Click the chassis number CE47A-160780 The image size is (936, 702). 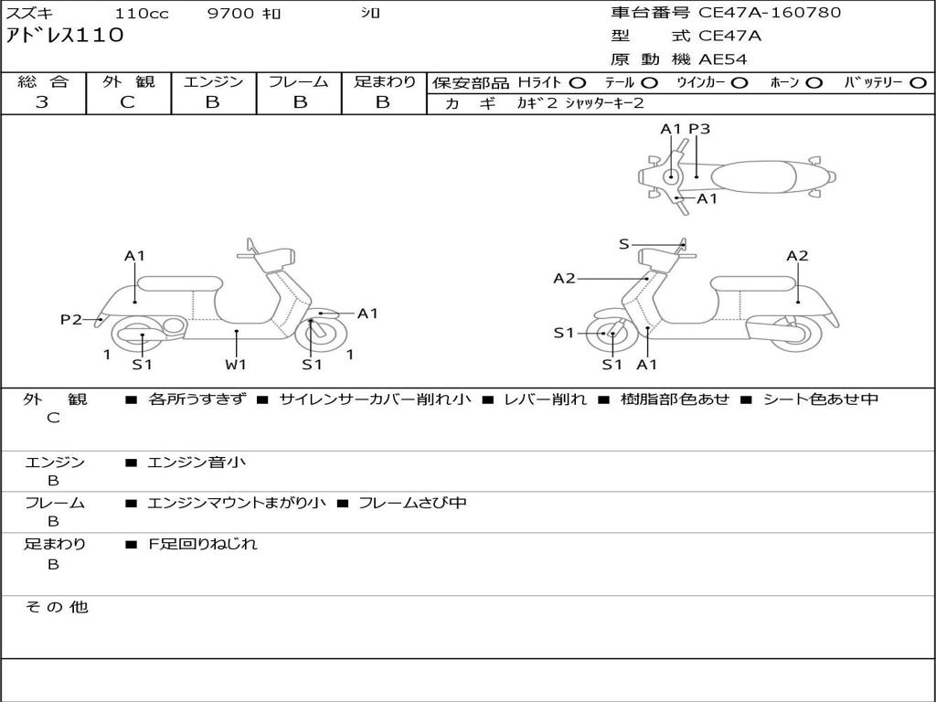[770, 13]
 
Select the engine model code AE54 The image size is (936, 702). [723, 60]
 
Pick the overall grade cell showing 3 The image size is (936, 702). [42, 102]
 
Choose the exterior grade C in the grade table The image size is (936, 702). [127, 102]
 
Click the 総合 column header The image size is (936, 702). [43, 82]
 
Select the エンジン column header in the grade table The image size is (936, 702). [213, 82]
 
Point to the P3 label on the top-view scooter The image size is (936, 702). [699, 129]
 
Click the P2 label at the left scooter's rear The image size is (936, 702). [71, 319]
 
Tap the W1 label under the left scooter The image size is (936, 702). [236, 365]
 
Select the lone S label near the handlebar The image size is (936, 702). [624, 244]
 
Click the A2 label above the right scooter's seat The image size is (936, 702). [797, 256]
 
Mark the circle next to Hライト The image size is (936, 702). [577, 82]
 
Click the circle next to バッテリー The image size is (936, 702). [918, 82]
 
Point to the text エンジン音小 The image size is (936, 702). [197, 463]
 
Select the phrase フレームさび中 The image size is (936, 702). [412, 503]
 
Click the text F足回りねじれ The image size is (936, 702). [203, 544]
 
